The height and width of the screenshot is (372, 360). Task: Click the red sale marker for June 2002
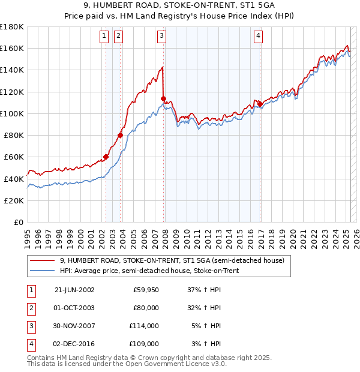coord(106,157)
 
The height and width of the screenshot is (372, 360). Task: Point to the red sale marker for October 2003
coord(120,135)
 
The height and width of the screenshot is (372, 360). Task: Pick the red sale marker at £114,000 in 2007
coord(164,98)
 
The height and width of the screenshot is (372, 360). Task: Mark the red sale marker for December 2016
coord(260,104)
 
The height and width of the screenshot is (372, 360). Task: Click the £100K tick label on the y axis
coord(12,113)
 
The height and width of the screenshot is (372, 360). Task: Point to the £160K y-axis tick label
coord(12,48)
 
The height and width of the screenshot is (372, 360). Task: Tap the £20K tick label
coord(14,200)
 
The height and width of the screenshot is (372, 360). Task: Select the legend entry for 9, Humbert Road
coord(175,260)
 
